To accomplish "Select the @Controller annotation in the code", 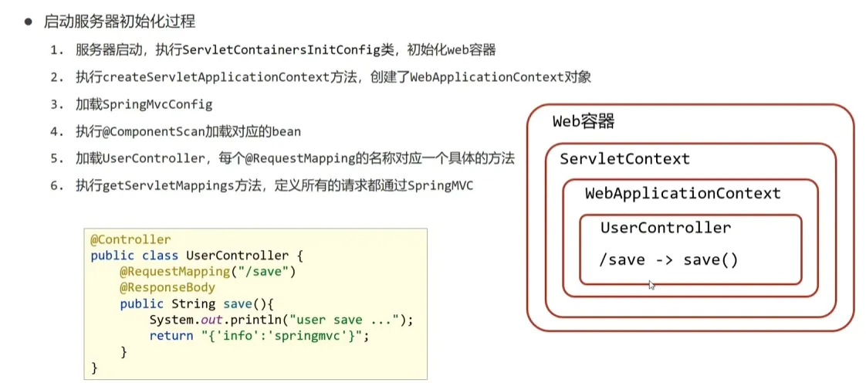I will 130,240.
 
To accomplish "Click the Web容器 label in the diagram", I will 584,122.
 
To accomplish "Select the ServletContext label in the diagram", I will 624,159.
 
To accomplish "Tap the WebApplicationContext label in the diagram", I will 682,194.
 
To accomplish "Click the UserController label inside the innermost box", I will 665,229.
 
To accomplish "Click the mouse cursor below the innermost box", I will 651,285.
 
